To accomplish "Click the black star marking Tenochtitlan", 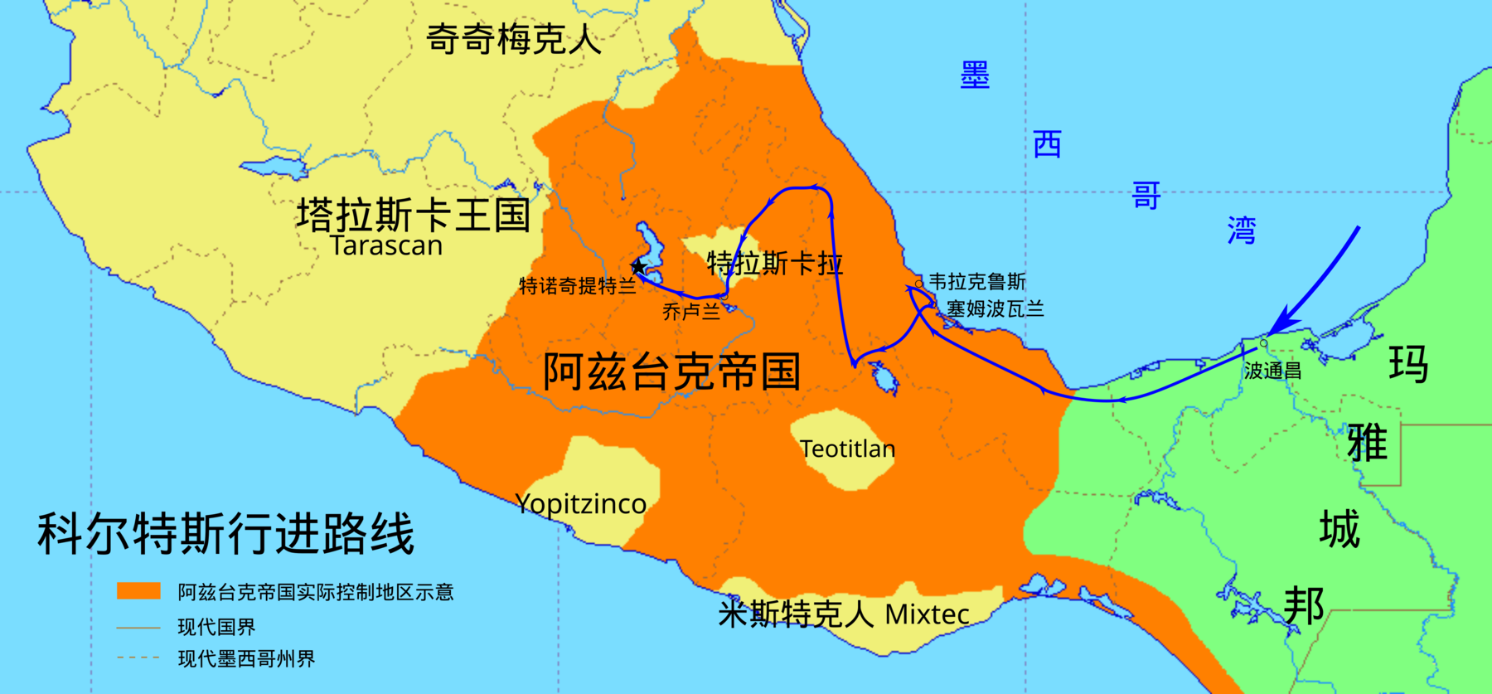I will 638,267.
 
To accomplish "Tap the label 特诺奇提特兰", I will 577,287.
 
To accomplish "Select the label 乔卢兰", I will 690,312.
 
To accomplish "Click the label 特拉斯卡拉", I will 774,264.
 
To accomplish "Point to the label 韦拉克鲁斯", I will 976,282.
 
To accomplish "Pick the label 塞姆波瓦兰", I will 995,309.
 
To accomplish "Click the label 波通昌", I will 1272,371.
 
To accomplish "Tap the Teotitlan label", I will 847,449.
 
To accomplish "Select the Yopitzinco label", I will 580,504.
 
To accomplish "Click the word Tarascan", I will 386,246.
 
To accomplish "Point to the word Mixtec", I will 927,614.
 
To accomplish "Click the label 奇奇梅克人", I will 514,39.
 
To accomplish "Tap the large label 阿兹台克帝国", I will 671,371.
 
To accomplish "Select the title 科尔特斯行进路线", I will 225,533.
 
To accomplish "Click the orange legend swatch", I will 138,590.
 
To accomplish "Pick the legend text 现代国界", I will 216,627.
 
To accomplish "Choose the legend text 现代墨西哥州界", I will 246,659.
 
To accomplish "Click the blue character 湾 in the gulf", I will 1242,231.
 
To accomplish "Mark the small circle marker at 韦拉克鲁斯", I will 918,284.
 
